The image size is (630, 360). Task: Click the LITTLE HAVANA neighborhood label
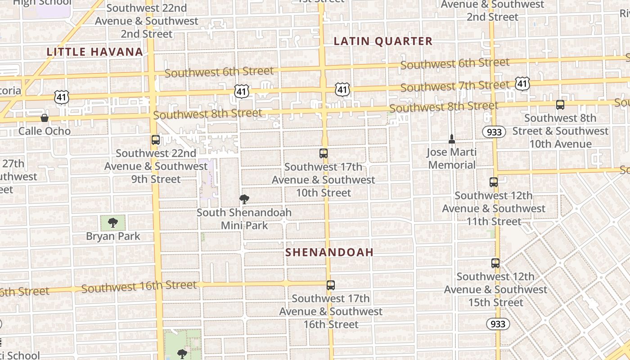coord(95,52)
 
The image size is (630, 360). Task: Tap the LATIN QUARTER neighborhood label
coord(383,41)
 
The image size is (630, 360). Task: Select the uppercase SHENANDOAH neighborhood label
coord(329,252)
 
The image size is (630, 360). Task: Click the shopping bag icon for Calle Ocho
coord(45,118)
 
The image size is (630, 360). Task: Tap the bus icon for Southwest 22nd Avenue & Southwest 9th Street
coord(156,140)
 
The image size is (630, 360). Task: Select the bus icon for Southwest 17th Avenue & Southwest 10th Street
coord(324,153)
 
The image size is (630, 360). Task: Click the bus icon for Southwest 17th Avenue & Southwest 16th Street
coord(331,285)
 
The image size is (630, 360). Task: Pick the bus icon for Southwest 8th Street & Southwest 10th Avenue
coord(560,105)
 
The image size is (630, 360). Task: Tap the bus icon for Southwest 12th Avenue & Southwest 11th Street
coord(494,182)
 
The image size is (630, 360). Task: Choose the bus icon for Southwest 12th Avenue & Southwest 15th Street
coord(495,263)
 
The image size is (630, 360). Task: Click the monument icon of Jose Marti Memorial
coord(452,139)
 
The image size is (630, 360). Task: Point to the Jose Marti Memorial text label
coord(451,159)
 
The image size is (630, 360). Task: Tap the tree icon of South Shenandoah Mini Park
coord(244,199)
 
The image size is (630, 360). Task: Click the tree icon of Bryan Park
coord(113,223)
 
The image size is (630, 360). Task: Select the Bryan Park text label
coord(113,236)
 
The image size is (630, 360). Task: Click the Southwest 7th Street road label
coord(454,85)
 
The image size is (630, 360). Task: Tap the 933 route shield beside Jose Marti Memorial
coord(494,132)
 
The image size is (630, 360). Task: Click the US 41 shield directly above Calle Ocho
coord(62,96)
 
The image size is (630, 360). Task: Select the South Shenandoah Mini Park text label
coord(244,219)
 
